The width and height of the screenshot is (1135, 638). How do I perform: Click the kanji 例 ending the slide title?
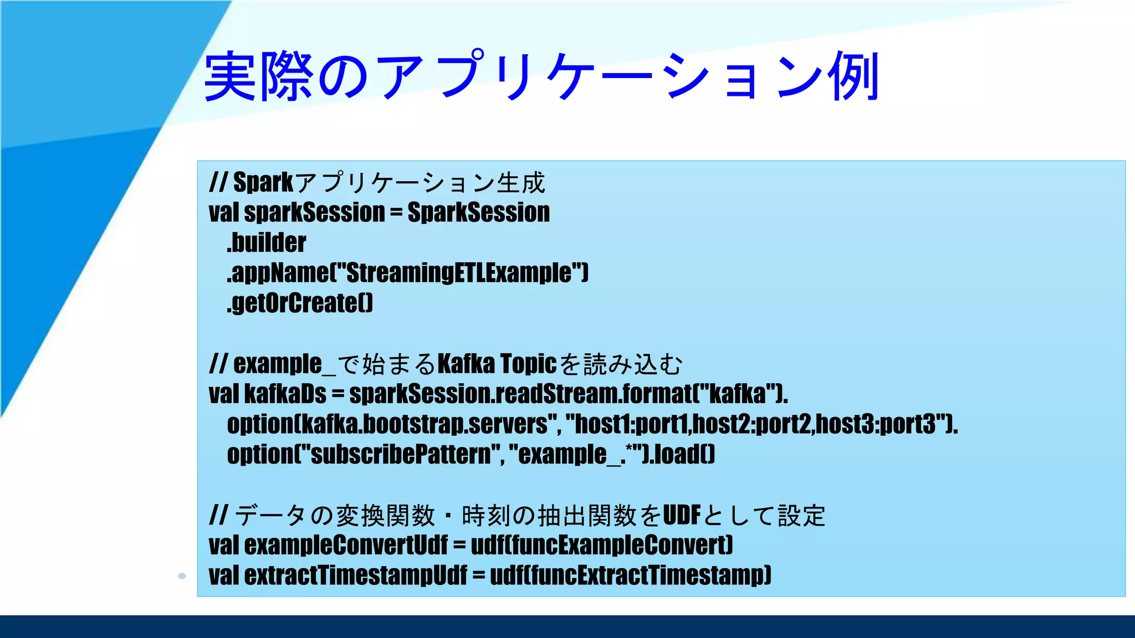pos(853,76)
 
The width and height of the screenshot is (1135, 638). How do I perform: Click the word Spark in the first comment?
pos(263,182)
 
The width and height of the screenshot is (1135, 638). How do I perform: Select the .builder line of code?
pos(267,243)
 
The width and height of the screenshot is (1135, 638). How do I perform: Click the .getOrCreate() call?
pos(300,303)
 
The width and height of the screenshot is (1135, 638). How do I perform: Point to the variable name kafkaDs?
pos(285,394)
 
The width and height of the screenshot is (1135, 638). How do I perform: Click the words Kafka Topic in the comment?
pos(497,364)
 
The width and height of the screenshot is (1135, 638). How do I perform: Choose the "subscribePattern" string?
pos(400,455)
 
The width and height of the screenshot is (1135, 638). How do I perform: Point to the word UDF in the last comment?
pos(681,515)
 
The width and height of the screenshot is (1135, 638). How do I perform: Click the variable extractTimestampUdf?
pos(355,575)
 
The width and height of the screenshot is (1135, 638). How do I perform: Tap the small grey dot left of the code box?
pos(182,576)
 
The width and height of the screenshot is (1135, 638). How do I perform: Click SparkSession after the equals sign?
pos(478,213)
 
